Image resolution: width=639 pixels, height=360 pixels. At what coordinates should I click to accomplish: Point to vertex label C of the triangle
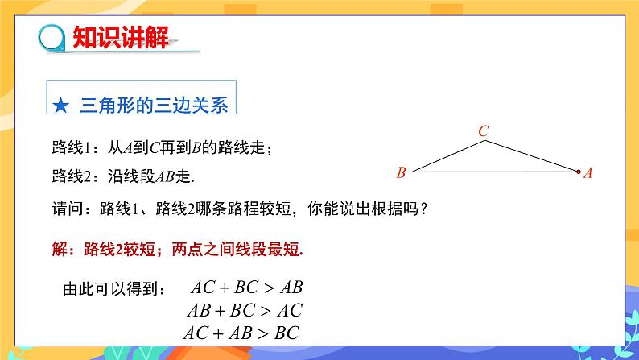coord(483,130)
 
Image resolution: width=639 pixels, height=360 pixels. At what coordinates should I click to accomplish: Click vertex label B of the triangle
coord(401,172)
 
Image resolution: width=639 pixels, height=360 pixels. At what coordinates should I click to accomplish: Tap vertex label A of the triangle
coord(588,172)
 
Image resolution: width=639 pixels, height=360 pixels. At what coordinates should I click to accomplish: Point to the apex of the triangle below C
coord(484,142)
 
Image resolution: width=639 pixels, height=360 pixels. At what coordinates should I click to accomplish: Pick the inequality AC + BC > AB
coord(245,288)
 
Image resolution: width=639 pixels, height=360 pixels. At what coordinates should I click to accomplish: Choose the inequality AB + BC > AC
coord(244,310)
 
